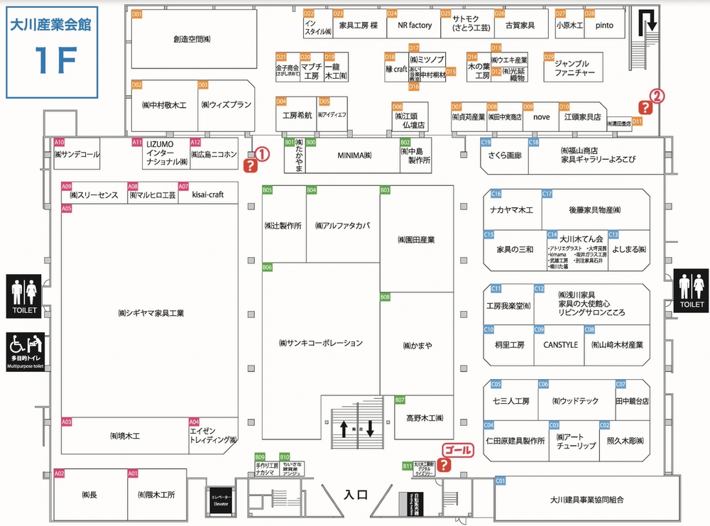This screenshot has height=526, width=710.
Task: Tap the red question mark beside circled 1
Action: click(251, 166)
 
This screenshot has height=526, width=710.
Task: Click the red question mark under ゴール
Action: click(444, 465)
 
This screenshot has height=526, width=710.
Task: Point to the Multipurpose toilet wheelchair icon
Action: click(26, 347)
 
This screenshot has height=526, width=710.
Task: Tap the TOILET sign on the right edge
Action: click(692, 290)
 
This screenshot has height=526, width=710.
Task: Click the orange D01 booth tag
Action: click(137, 14)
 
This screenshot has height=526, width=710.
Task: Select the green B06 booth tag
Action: click(267, 268)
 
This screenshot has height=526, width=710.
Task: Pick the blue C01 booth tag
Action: click(500, 481)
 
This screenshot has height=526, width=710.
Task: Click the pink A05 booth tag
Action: click(67, 209)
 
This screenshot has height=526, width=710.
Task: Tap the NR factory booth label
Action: click(415, 26)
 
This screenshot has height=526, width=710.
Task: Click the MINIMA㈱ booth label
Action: click(354, 155)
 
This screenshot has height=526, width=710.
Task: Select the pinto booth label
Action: click(604, 26)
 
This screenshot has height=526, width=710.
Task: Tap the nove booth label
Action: click(542, 116)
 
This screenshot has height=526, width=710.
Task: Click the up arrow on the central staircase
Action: click(344, 429)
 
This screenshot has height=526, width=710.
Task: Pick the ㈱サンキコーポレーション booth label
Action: click(321, 343)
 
